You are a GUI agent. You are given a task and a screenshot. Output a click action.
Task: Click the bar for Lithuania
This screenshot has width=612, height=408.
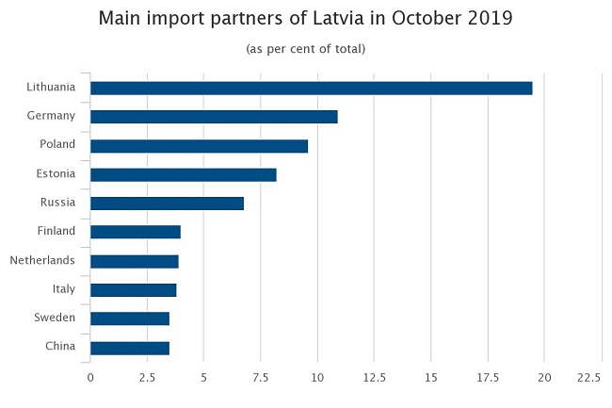[311, 89]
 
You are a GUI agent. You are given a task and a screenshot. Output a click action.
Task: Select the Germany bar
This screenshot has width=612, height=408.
[214, 117]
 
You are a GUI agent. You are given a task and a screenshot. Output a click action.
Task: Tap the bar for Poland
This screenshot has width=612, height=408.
[199, 146]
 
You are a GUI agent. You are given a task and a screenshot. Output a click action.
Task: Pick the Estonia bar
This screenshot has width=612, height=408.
[184, 174]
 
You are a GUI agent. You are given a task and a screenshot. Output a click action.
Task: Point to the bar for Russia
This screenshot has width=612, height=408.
[167, 204]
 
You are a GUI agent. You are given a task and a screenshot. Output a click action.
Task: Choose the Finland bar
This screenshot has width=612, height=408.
[136, 232]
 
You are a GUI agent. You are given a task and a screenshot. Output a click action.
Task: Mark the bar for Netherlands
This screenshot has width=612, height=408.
[135, 261]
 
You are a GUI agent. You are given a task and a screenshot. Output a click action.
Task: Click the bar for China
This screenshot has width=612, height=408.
[130, 348]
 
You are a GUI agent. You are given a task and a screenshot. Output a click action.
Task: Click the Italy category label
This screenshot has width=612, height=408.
[63, 289]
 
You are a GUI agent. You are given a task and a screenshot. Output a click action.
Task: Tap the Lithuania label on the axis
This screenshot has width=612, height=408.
[51, 88]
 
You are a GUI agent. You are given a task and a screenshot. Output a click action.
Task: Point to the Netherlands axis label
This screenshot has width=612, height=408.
[42, 260]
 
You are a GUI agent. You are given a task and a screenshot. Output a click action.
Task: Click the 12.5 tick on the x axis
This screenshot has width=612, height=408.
[374, 377]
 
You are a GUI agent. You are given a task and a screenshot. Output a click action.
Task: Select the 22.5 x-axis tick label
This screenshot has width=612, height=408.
[588, 377]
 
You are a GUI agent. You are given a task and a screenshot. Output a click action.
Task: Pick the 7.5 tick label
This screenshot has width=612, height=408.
[260, 377]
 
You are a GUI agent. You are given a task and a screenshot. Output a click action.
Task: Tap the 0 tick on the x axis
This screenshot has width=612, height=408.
[90, 377]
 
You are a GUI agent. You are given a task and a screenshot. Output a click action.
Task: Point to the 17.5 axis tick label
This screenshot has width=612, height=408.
[488, 377]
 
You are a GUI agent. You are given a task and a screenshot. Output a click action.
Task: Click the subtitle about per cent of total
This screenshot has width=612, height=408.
[305, 48]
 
